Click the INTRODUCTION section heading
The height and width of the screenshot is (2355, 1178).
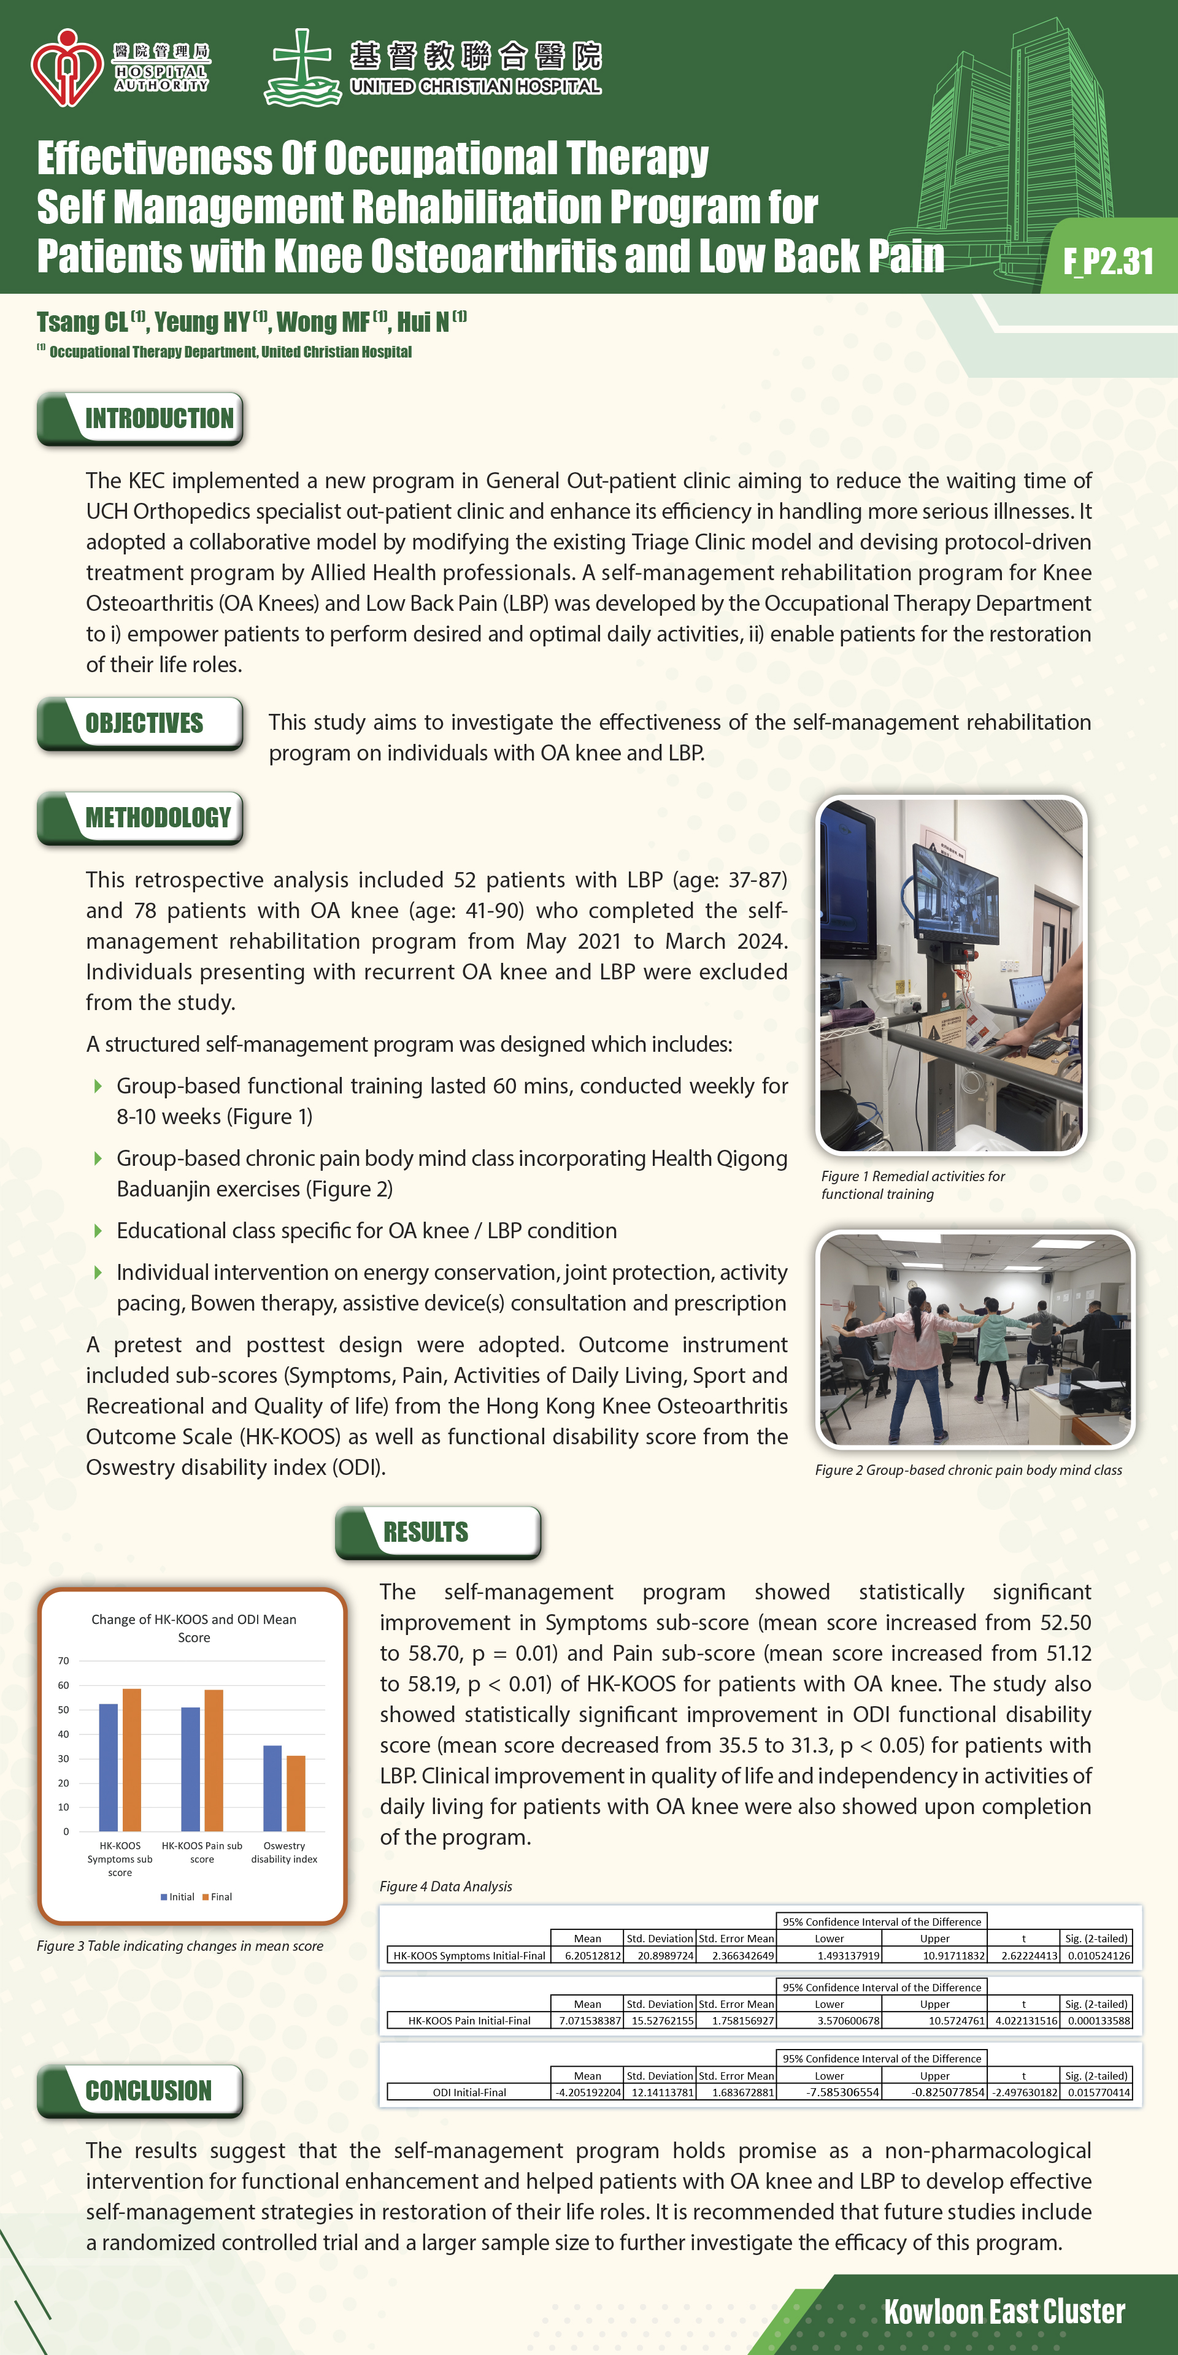(x=158, y=419)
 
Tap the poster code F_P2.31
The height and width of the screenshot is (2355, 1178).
(x=1107, y=261)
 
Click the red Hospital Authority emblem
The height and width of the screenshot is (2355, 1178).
(x=66, y=67)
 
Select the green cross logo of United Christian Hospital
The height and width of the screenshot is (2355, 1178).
(x=302, y=67)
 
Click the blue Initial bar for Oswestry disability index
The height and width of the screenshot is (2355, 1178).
(x=272, y=1788)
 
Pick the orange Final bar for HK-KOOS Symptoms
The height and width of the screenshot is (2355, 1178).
(x=132, y=1760)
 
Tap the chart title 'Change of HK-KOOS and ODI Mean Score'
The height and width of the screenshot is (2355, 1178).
(x=194, y=1628)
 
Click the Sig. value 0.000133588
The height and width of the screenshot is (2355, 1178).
(x=1098, y=2020)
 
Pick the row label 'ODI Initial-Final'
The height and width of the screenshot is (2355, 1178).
(x=469, y=2092)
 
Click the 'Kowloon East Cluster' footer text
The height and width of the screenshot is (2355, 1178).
(x=1003, y=2311)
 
